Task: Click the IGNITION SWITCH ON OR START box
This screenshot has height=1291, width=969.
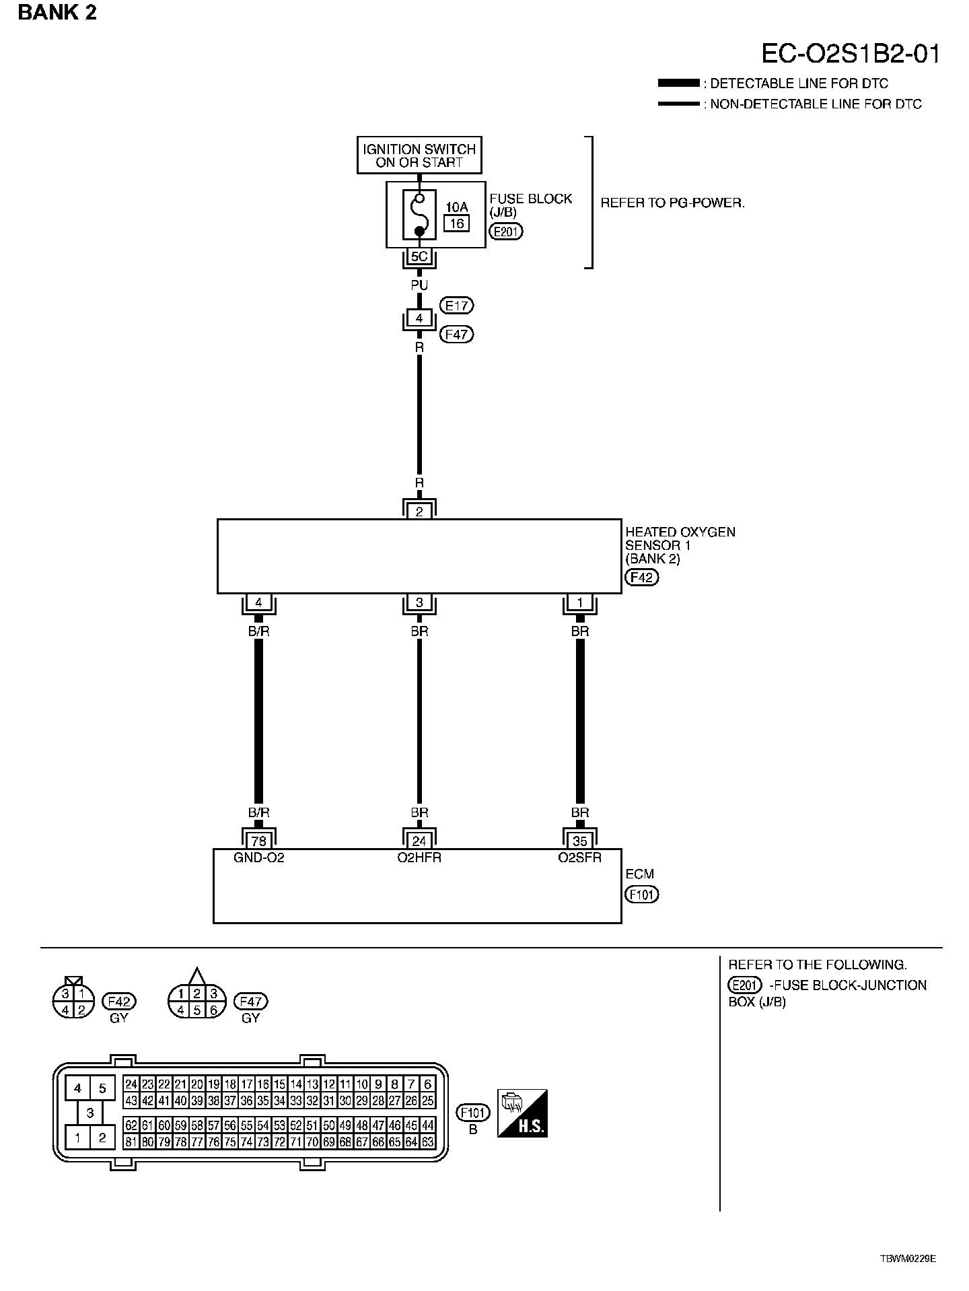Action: tap(419, 155)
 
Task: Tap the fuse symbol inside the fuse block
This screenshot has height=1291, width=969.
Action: tap(419, 215)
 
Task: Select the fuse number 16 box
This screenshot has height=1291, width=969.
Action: tap(457, 223)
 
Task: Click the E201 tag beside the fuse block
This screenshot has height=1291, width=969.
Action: tap(506, 232)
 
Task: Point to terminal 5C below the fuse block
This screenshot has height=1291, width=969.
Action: tap(419, 256)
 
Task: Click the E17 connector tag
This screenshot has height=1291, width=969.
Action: tap(456, 306)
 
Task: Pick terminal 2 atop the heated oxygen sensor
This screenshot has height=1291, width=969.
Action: tap(419, 512)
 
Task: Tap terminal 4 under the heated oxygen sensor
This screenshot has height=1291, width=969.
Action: tap(258, 602)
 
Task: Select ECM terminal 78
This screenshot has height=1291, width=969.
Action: tap(258, 841)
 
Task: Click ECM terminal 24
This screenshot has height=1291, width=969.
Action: tap(419, 841)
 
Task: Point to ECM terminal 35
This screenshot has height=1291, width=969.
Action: tap(580, 841)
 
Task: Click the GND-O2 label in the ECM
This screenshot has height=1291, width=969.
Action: tap(258, 858)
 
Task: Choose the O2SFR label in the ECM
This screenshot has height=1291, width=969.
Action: tap(580, 858)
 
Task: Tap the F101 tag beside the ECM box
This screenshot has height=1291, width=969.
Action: tap(641, 895)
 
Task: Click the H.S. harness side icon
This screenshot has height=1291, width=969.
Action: tap(522, 1113)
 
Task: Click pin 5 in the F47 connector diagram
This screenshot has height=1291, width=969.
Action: tap(196, 1010)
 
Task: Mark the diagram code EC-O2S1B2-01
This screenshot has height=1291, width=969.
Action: tap(851, 54)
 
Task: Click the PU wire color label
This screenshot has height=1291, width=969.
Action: tap(419, 285)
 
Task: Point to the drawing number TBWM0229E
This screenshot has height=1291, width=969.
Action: tap(908, 1258)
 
